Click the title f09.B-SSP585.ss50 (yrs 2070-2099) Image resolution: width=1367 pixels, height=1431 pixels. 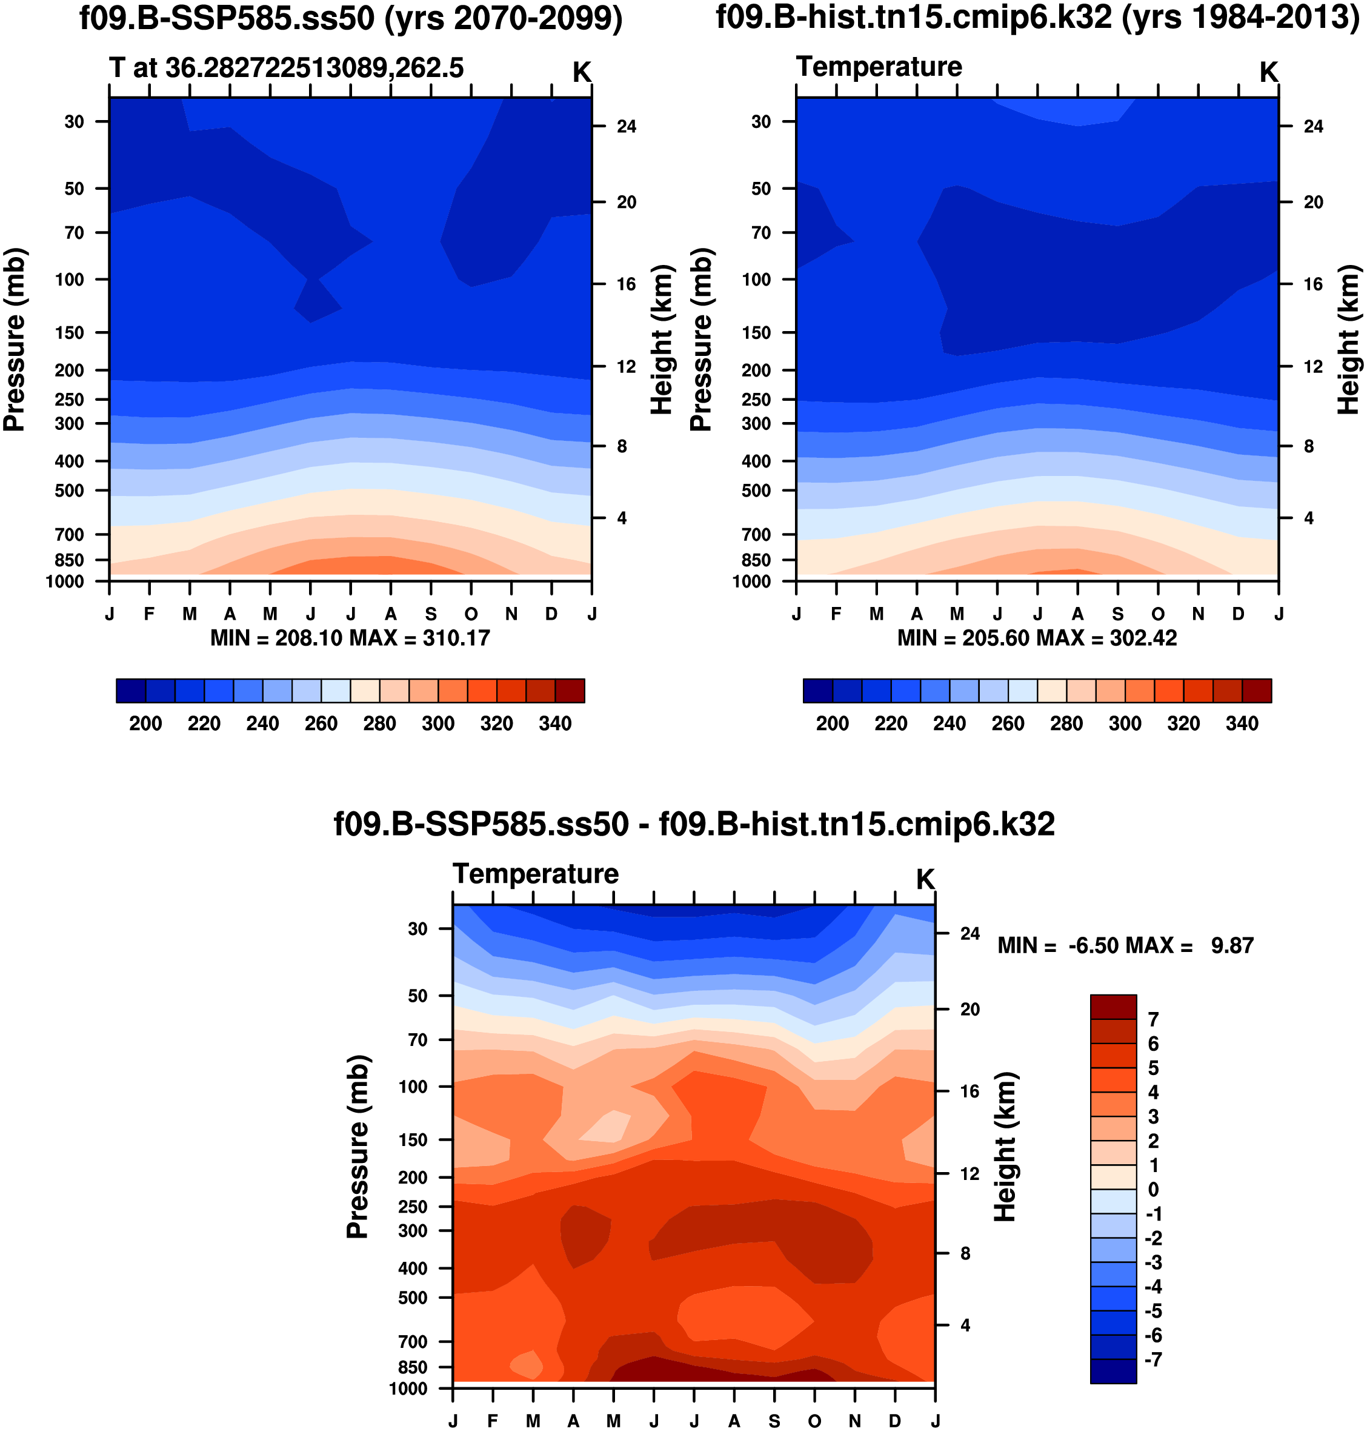tap(350, 18)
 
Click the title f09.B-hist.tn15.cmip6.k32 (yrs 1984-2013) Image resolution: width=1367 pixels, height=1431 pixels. tap(1037, 18)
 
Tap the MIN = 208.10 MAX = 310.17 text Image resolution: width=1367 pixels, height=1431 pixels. tap(350, 638)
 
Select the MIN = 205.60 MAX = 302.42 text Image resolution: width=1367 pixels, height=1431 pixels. tap(1037, 638)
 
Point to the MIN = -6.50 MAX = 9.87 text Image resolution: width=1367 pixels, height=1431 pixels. tap(1125, 947)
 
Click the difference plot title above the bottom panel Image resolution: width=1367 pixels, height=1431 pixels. tap(694, 825)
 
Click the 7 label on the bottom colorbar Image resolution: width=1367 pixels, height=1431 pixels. tap(1152, 1020)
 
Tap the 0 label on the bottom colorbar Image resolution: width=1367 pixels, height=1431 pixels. tap(1152, 1190)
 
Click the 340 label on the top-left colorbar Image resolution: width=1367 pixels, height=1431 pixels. tap(554, 724)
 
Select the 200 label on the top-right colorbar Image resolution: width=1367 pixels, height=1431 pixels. tap(832, 724)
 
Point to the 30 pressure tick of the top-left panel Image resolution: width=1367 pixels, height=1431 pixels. tap(75, 122)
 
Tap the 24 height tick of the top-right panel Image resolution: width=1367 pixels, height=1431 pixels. tap(1313, 127)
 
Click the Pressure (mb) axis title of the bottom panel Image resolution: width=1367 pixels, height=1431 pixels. tap(358, 1147)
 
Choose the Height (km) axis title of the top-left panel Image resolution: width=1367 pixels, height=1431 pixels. tap(661, 340)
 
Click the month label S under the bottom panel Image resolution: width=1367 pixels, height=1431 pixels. tap(774, 1421)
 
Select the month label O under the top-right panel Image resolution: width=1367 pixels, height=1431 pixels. tap(1158, 614)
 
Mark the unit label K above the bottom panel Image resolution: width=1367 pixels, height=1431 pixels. tap(925, 880)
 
